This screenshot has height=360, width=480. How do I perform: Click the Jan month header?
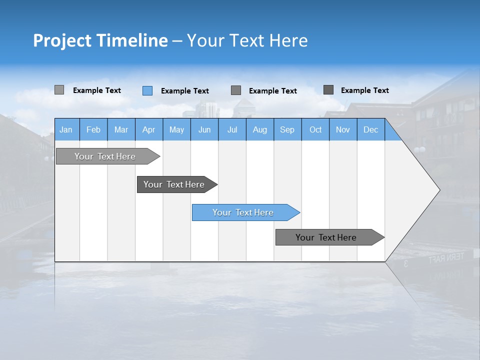(66, 130)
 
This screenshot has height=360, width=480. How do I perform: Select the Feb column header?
(93, 130)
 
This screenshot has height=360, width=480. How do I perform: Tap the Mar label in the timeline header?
(121, 130)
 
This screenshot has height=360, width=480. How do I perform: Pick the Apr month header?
(149, 130)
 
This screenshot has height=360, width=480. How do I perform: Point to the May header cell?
(176, 130)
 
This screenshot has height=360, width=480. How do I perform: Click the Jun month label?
(204, 130)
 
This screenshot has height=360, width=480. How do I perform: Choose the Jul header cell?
(232, 130)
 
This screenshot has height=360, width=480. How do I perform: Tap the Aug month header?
(260, 130)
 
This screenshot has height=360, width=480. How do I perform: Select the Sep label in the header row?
(287, 130)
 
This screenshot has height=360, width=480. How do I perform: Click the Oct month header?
(315, 130)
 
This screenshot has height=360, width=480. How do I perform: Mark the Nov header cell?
(343, 130)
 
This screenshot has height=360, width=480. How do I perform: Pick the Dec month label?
(371, 130)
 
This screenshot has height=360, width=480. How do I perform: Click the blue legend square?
(147, 90)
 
